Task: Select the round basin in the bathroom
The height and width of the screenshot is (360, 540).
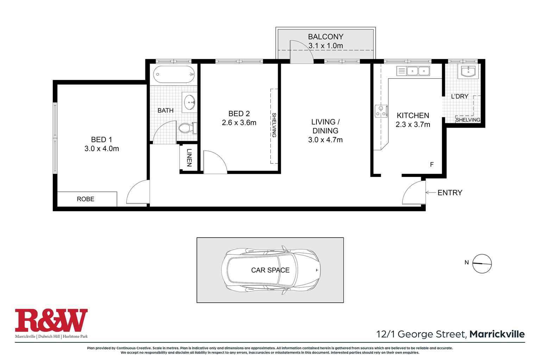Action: pyautogui.click(x=190, y=102)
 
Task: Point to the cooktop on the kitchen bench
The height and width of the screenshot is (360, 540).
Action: pyautogui.click(x=381, y=111)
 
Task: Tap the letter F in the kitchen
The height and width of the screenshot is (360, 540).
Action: pyautogui.click(x=432, y=164)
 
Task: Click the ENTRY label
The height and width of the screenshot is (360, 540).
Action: pyautogui.click(x=450, y=192)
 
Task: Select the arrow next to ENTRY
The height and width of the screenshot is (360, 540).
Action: pyautogui.click(x=430, y=192)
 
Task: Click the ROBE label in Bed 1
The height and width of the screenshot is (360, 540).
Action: pyautogui.click(x=86, y=199)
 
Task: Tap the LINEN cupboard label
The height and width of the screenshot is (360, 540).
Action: pyautogui.click(x=189, y=158)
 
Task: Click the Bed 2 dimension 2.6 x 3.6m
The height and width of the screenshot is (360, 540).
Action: pyautogui.click(x=239, y=123)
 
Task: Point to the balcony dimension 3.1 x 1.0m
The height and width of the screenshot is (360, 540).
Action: pyautogui.click(x=325, y=46)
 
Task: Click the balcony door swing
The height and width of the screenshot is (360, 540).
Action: pyautogui.click(x=301, y=52)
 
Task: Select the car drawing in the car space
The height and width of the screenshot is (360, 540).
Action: pyautogui.click(x=270, y=270)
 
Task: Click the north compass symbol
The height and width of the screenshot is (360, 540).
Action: pyautogui.click(x=482, y=264)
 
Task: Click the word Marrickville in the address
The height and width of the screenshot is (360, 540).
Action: pyautogui.click(x=497, y=334)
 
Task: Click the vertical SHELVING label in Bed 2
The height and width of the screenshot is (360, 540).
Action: pyautogui.click(x=274, y=125)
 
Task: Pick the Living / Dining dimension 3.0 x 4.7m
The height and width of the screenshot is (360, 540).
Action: pyautogui.click(x=325, y=140)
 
